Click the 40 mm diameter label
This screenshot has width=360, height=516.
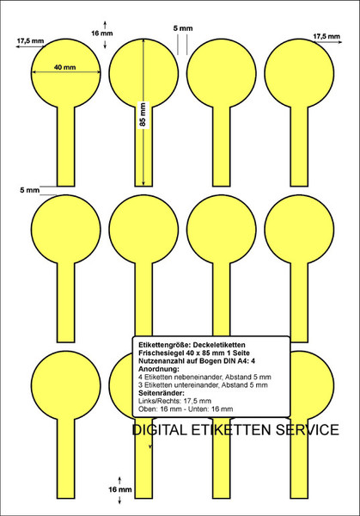[x=64, y=67]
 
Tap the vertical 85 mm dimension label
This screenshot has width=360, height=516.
[x=143, y=115]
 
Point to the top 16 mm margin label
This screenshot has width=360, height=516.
[x=102, y=34]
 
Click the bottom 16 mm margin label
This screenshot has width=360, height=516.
[x=120, y=489]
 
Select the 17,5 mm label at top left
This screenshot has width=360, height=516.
[x=30, y=41]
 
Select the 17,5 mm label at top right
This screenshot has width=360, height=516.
[x=326, y=36]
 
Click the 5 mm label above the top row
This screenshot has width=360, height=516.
[x=183, y=28]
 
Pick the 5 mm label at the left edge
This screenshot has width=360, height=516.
[x=29, y=190]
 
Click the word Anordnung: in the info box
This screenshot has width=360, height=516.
[x=159, y=369]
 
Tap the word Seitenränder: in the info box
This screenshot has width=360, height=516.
[x=162, y=393]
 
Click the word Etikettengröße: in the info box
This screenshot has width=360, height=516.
[x=164, y=345]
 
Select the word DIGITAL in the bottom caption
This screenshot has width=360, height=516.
[x=160, y=430]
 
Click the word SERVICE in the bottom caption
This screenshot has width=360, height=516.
[x=307, y=430]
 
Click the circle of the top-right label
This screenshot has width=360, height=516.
[x=299, y=73]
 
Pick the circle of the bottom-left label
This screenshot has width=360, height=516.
[x=66, y=385]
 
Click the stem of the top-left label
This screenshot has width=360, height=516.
[x=66, y=146]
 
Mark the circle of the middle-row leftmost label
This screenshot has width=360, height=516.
[x=66, y=230]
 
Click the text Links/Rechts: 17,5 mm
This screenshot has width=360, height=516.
[x=174, y=401]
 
